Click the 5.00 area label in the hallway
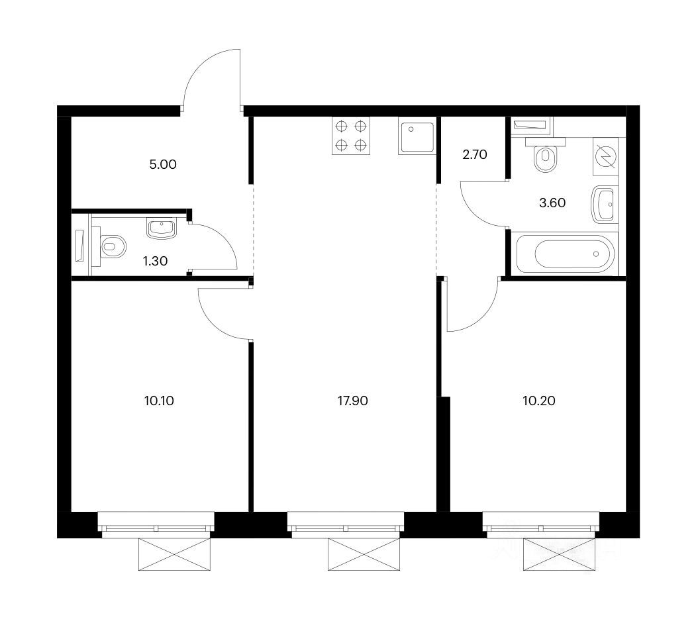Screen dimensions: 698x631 pyautogui.click(x=163, y=165)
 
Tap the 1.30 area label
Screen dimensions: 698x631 pyautogui.click(x=155, y=261)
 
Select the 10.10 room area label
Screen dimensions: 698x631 pyautogui.click(x=159, y=401)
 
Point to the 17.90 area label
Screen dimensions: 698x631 pyautogui.click(x=352, y=401)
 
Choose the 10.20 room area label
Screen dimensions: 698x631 pyautogui.click(x=539, y=401)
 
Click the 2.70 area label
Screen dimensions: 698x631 pyautogui.click(x=475, y=155)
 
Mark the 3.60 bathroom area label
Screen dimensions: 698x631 pyautogui.click(x=552, y=203)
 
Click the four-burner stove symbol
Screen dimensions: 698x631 pyautogui.click(x=351, y=136)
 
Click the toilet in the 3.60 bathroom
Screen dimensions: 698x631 pyautogui.click(x=545, y=155)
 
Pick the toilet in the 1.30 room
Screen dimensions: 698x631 pyautogui.click(x=109, y=246)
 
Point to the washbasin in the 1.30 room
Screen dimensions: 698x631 pyautogui.click(x=161, y=227)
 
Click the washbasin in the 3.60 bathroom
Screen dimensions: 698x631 pyautogui.click(x=605, y=204)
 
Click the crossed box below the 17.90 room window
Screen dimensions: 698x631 pyautogui.click(x=364, y=554)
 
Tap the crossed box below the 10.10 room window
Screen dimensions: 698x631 pyautogui.click(x=175, y=554)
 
